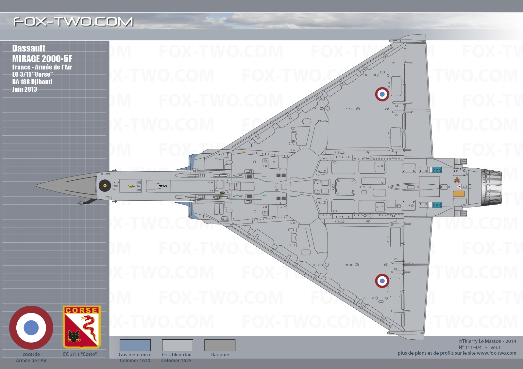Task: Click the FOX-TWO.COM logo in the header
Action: point(73,22)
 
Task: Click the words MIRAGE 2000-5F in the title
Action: point(42,58)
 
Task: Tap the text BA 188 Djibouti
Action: point(32,82)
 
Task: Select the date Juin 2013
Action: point(25,89)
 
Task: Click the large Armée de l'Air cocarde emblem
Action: point(31,328)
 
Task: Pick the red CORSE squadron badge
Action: point(81,327)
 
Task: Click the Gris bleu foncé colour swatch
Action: point(135,345)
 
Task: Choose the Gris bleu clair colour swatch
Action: point(177,345)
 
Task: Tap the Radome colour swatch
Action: point(220,345)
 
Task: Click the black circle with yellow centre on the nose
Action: point(105,186)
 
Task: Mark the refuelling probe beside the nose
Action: point(87,201)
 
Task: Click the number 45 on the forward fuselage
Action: point(163,186)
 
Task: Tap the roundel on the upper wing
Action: point(382,94)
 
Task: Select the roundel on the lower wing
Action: point(382,281)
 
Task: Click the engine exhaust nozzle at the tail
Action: point(492,187)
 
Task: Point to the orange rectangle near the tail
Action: point(459,194)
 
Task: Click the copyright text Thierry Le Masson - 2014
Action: point(487,341)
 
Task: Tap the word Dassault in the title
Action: point(29,48)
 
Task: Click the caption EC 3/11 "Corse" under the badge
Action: point(80,354)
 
